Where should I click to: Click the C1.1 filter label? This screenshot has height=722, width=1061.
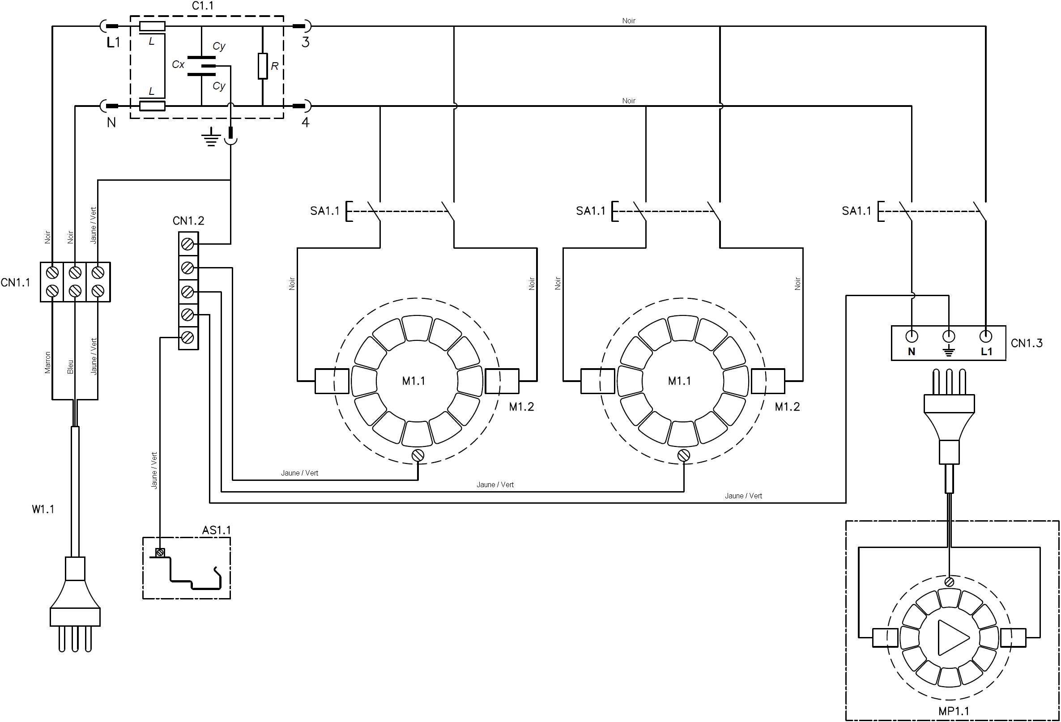tap(202, 6)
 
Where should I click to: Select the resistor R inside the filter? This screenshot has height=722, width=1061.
tap(263, 66)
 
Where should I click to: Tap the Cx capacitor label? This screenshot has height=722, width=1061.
tap(178, 65)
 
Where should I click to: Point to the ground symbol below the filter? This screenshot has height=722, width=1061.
tap(210, 137)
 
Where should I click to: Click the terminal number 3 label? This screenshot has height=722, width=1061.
tap(306, 42)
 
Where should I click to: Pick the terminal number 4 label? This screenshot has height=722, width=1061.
tap(306, 122)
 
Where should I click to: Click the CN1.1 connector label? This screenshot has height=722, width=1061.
tap(16, 283)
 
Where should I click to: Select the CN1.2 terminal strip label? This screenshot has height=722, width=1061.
tap(188, 221)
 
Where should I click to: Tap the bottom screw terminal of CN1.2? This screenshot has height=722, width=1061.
tap(187, 338)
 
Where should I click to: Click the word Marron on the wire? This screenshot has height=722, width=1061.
tap(48, 363)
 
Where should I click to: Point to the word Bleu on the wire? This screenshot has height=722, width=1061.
tap(70, 367)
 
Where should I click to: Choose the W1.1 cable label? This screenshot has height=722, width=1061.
tap(43, 510)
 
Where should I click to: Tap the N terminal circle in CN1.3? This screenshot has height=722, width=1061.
tap(912, 337)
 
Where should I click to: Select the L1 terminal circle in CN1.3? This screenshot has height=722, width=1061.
tap(986, 337)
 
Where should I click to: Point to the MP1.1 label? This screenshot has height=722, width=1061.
tap(954, 710)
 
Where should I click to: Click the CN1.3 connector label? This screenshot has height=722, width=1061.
tap(1027, 343)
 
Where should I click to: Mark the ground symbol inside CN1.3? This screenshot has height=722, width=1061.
tap(949, 352)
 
